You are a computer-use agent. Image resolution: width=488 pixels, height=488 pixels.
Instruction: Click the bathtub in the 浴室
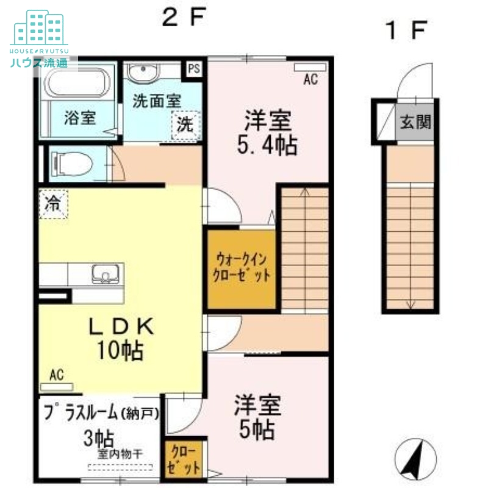[x=77, y=83]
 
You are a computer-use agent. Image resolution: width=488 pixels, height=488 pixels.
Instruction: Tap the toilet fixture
[x=72, y=163]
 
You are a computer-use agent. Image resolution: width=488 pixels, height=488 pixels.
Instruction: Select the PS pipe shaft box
[x=193, y=69]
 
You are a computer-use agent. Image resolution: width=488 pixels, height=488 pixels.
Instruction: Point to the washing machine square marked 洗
[x=186, y=125]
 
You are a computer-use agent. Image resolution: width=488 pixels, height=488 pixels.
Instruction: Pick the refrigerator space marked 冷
[x=53, y=204]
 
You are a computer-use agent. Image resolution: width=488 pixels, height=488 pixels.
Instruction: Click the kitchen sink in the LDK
[x=106, y=274]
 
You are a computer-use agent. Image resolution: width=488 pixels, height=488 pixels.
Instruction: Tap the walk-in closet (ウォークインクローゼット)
[x=242, y=269]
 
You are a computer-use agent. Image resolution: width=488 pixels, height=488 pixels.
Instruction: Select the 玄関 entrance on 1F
[x=415, y=121]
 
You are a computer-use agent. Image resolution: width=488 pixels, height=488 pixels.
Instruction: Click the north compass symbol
[x=415, y=459]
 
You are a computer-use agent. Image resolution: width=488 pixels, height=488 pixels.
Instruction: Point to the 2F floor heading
[x=184, y=17]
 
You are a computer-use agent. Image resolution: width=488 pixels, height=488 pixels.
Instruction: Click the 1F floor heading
[x=406, y=30]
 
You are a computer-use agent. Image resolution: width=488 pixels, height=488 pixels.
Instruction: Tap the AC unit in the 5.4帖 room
[x=310, y=67]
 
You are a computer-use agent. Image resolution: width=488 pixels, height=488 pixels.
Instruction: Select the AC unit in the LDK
[x=56, y=387]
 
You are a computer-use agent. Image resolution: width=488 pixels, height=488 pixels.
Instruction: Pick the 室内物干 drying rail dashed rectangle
[x=120, y=467]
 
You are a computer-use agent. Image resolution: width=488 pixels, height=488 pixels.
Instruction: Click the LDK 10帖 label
[x=121, y=338]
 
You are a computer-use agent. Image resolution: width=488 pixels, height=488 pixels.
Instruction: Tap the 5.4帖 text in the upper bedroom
[x=267, y=145]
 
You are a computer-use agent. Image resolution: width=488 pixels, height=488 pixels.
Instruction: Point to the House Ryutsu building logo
[x=39, y=27]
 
